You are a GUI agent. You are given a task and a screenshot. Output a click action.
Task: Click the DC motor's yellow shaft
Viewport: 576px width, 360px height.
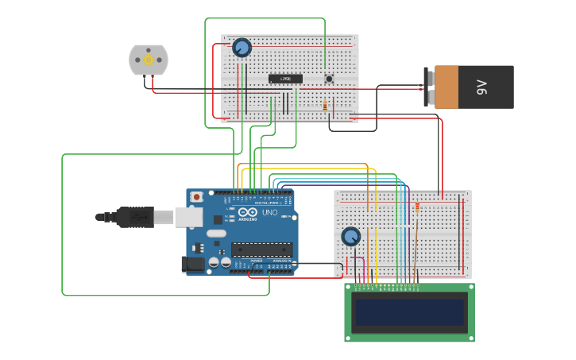149,60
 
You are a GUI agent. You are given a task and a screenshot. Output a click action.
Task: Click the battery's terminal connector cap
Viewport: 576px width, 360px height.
429,87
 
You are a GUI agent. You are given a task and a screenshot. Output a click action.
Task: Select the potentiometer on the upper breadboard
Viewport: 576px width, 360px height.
242,48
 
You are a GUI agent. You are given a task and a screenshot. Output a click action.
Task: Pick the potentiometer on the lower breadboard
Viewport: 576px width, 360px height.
350,236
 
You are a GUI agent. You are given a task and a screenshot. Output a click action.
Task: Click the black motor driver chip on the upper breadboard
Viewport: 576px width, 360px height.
285,79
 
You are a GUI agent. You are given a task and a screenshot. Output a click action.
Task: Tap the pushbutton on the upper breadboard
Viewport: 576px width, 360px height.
329,78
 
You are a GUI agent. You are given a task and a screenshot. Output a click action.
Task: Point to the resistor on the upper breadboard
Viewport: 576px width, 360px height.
324,106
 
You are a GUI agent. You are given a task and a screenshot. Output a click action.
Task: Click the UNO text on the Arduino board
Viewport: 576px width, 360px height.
270,213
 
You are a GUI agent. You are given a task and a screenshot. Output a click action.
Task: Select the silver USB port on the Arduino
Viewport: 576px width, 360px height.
188,216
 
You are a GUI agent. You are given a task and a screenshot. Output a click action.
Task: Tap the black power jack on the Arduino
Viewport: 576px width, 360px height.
193,265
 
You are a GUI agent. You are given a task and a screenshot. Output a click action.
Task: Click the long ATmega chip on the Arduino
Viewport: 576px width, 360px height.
261,249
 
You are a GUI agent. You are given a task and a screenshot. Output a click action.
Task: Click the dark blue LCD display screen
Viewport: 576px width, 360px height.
409,313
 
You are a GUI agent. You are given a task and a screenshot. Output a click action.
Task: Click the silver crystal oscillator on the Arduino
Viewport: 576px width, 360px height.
216,234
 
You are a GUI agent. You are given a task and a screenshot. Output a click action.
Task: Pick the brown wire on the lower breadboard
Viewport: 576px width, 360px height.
414,246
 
